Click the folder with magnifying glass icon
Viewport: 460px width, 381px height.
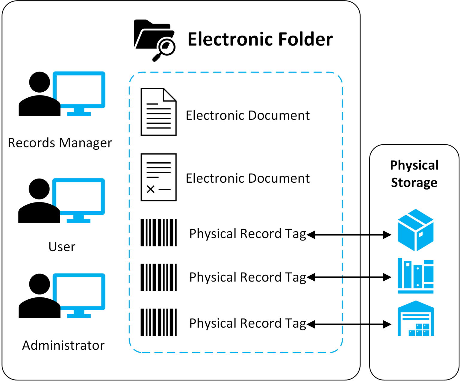click(154, 40)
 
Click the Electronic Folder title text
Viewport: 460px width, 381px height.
click(260, 40)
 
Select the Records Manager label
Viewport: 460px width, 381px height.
click(60, 143)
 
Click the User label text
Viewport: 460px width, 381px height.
click(62, 247)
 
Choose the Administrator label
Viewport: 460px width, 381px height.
click(63, 345)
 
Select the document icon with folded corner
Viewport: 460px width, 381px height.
click(158, 112)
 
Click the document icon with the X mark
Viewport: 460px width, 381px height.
click(158, 177)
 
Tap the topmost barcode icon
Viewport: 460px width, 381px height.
click(158, 232)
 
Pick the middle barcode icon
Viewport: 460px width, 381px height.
click(158, 277)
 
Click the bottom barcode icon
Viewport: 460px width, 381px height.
click(158, 322)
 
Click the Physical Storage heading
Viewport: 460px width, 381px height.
click(414, 174)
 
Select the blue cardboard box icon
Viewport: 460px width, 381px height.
click(415, 230)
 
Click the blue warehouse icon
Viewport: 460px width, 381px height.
click(416, 319)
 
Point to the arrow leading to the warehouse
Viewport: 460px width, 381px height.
click(349, 324)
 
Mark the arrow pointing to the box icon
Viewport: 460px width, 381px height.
click(349, 235)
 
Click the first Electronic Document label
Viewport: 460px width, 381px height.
click(248, 116)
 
